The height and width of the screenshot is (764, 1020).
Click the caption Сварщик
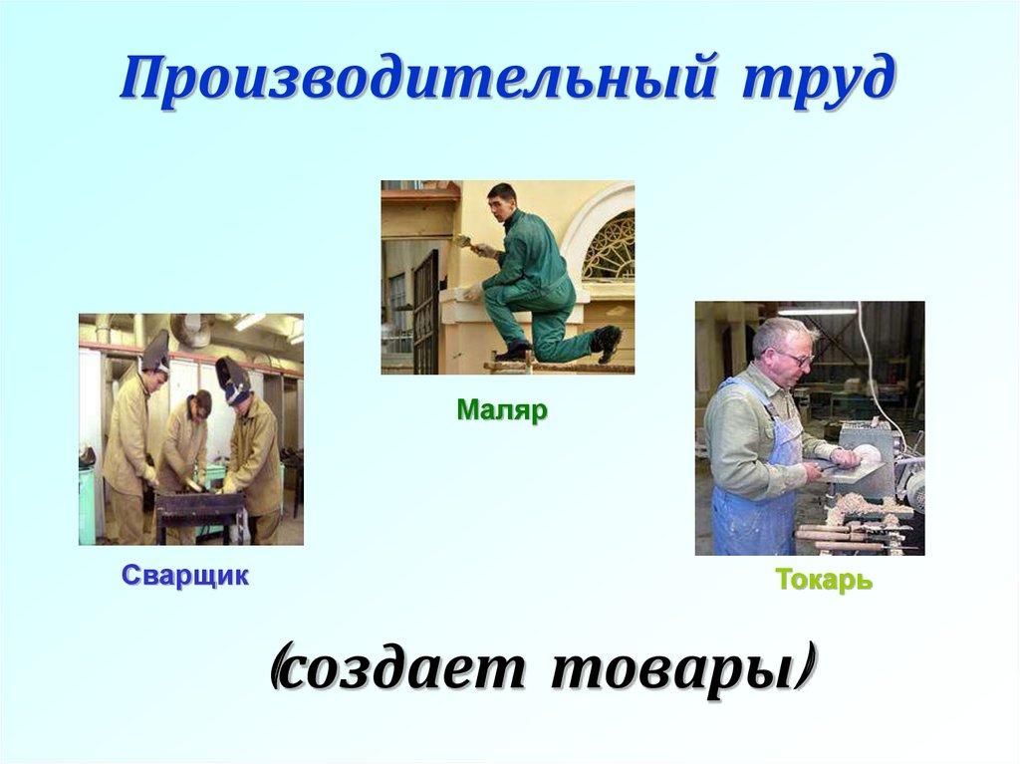click(x=185, y=576)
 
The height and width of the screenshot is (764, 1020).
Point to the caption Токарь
click(x=824, y=581)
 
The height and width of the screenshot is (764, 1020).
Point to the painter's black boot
click(x=607, y=343)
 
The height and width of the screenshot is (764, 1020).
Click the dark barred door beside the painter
click(x=425, y=309)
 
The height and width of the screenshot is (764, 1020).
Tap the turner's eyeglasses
click(x=794, y=356)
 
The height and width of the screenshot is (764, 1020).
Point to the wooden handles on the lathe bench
click(x=842, y=538)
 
